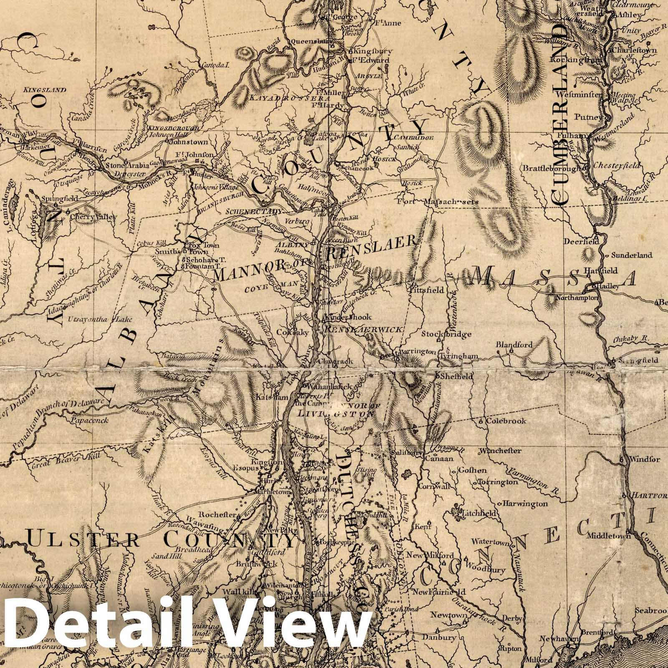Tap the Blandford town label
pyautogui.click(x=514, y=345)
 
